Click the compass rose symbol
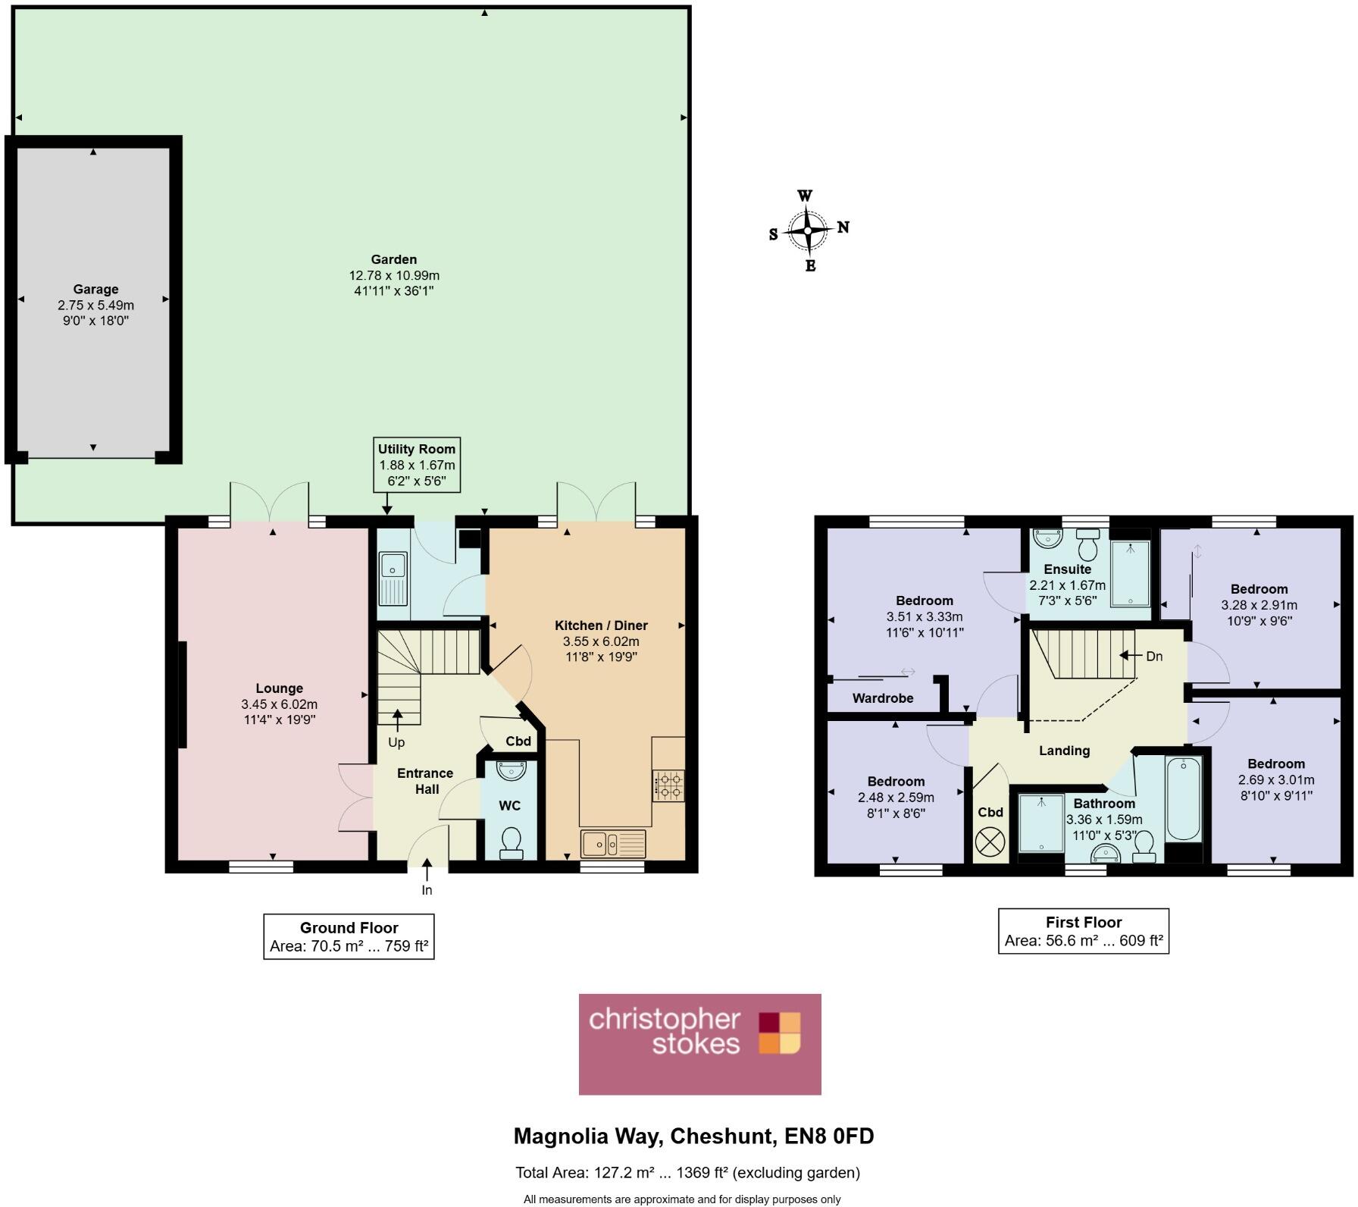[x=809, y=230]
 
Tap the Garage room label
[x=95, y=289]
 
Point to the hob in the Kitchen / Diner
[x=668, y=785]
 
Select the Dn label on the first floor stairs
[x=1153, y=656]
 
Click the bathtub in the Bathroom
[x=1183, y=798]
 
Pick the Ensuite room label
[x=1067, y=569]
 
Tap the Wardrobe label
[x=882, y=698]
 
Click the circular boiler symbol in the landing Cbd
[x=990, y=842]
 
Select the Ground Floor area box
[x=349, y=937]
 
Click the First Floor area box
[x=1083, y=932]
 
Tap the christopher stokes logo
[x=699, y=1044]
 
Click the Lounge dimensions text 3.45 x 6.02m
[x=279, y=704]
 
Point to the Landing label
[x=1064, y=751]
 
